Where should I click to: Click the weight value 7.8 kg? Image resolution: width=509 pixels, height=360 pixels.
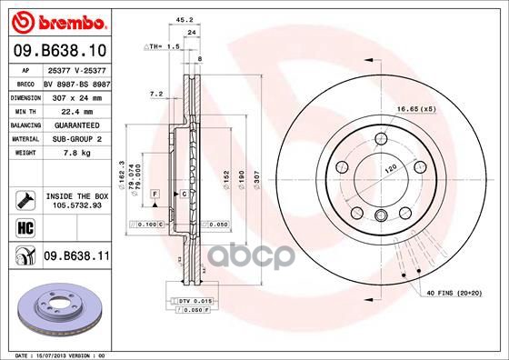point(75,154)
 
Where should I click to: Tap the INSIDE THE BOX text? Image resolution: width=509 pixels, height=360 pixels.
point(75,194)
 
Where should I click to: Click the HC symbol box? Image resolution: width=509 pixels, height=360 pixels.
point(21,225)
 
